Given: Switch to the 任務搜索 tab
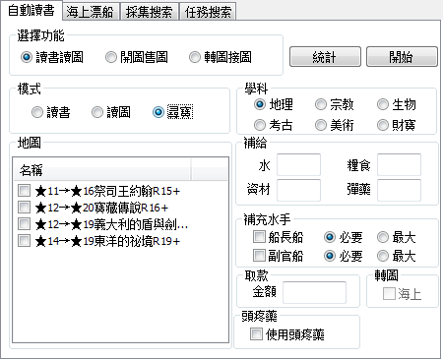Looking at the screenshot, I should click(x=208, y=13).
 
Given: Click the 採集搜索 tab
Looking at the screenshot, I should click(x=151, y=13).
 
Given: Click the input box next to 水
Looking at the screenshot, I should click(x=304, y=164).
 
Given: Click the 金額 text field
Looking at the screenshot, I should click(x=314, y=293).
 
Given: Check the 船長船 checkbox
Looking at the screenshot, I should click(x=259, y=237).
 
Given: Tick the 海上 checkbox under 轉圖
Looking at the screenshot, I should click(x=389, y=293).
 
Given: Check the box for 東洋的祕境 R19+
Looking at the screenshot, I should click(x=25, y=241).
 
